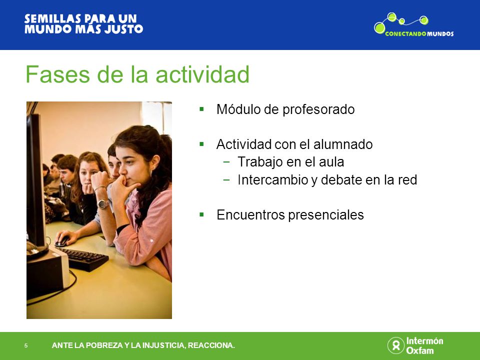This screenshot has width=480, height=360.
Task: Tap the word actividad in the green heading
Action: [x=202, y=74]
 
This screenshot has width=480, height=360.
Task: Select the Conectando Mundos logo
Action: [x=414, y=25]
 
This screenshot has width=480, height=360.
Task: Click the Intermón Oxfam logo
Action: [x=415, y=345]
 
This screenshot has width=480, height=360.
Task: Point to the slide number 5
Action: [x=26, y=345]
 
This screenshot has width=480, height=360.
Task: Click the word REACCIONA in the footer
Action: [x=211, y=345]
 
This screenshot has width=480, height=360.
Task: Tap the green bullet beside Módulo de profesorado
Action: [x=201, y=109]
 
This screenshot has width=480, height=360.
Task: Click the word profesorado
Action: [x=318, y=110]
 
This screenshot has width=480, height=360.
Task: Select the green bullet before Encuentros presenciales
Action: [x=201, y=214]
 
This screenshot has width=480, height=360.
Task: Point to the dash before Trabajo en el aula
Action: [x=226, y=162]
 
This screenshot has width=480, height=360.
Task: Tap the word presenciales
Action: [x=326, y=215]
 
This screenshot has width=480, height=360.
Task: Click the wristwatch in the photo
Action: [x=103, y=204]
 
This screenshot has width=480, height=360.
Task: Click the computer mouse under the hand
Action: [x=62, y=241]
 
